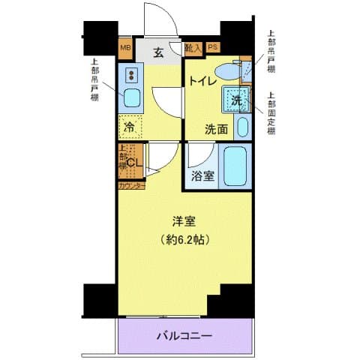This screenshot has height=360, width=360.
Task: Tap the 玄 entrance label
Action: tap(160, 52)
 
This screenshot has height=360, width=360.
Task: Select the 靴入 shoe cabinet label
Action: tap(193, 49)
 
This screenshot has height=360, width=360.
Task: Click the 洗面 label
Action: tap(217, 128)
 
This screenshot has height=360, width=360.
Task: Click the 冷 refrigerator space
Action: tap(130, 127)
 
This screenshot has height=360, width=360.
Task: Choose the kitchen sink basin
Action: tap(130, 97)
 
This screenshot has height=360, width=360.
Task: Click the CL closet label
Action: tap(135, 163)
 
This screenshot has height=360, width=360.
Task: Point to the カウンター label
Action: tap(130, 184)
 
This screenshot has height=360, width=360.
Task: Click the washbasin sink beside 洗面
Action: tap(242, 127)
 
